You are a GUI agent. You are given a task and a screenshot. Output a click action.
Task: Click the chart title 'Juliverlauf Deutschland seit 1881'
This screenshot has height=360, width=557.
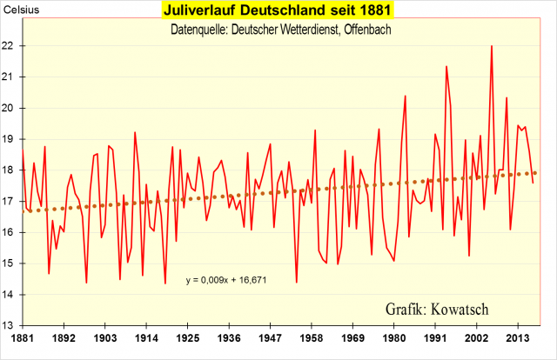point(278,11)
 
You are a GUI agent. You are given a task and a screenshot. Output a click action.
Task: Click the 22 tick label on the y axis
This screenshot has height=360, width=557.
point(11,46)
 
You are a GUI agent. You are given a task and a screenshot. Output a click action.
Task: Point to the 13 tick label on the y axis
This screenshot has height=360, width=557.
point(11,326)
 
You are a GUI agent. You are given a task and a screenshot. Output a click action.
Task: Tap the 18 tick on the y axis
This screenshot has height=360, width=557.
point(11,170)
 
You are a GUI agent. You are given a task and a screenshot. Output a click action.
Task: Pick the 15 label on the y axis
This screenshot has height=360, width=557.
point(11,263)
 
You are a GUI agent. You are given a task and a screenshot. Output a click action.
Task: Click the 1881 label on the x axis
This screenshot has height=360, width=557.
point(23,338)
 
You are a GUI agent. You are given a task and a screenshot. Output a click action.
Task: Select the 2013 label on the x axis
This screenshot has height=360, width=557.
point(519,338)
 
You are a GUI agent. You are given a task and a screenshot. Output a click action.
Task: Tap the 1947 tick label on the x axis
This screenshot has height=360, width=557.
point(271,338)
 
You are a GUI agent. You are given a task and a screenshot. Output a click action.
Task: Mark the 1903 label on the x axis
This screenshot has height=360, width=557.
point(105,338)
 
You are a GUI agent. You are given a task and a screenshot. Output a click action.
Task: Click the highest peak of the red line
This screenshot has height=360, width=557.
point(492,46)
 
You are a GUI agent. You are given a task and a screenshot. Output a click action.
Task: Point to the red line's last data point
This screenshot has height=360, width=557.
point(533,183)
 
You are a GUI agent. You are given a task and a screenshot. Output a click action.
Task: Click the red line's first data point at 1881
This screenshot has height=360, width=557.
point(23,150)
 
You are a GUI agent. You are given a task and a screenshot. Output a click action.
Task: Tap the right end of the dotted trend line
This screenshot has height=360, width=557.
point(535,172)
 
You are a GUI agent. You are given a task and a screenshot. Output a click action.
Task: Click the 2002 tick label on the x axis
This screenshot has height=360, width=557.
point(477,338)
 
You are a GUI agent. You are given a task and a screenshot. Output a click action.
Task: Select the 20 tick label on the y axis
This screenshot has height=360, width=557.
point(11,109)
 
